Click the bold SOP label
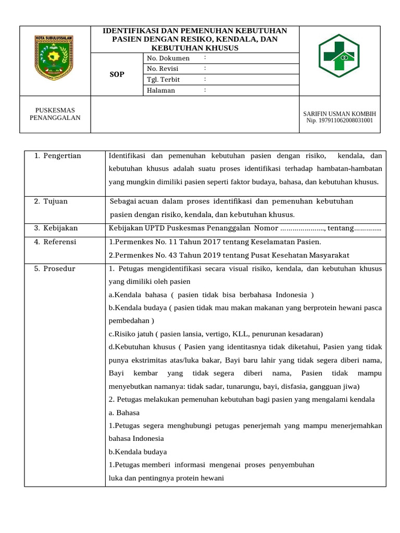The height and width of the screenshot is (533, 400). point(117,74)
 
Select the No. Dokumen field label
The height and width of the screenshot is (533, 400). point(168,58)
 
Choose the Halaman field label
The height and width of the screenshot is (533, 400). point(161,91)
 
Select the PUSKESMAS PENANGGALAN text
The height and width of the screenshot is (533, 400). point(55,114)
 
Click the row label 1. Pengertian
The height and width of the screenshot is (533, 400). point(57,156)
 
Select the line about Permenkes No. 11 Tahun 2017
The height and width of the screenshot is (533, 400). point(215,242)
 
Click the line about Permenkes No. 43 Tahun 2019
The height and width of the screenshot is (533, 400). point(229,255)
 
